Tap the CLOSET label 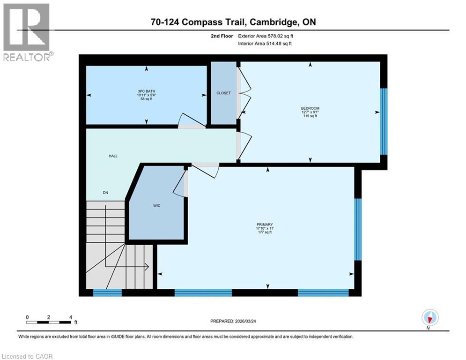click(x=223, y=93)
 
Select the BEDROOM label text click(x=310, y=108)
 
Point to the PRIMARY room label click(x=268, y=225)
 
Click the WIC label click(x=156, y=206)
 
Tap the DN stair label click(x=105, y=192)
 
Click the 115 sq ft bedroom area click(x=310, y=116)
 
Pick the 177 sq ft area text click(x=268, y=232)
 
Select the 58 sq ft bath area click(x=146, y=99)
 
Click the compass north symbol click(x=429, y=318)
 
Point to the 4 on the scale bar click(x=70, y=317)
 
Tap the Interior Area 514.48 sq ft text click(x=266, y=44)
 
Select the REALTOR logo click(x=27, y=32)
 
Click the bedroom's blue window click(x=384, y=121)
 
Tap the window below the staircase click(x=107, y=293)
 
